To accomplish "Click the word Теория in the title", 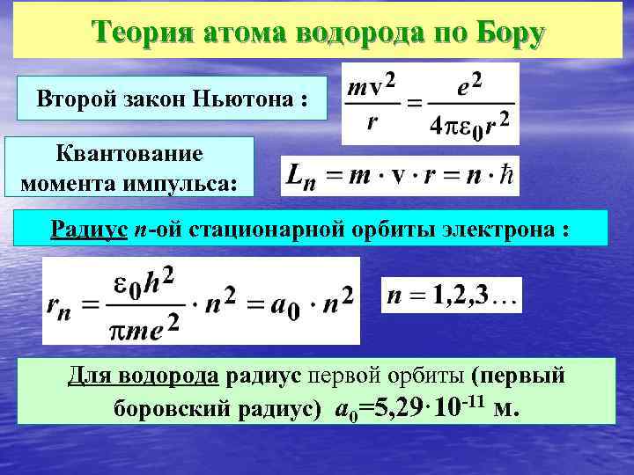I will [143, 33].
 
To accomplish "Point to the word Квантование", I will [129, 154].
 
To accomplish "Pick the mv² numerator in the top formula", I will [371, 86].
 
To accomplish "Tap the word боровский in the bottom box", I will [164, 410].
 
